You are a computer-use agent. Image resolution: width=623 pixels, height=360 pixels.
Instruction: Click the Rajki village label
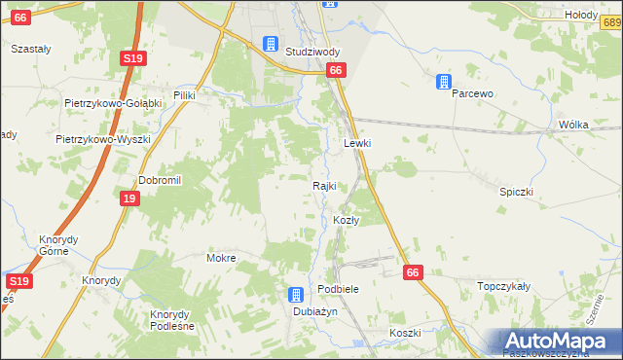point(324,186)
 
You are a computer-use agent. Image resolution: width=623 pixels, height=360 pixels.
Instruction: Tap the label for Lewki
point(358,143)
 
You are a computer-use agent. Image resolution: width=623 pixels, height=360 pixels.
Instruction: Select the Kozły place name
point(347,221)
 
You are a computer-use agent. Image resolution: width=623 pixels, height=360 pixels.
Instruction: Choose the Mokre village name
point(222,259)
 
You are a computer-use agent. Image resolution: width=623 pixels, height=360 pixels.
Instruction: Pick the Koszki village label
point(404,333)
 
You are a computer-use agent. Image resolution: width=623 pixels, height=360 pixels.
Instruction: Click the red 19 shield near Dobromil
point(128,199)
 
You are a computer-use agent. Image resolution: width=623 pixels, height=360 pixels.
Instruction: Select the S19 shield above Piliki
point(134,59)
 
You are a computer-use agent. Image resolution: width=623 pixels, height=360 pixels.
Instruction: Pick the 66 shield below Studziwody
point(336,70)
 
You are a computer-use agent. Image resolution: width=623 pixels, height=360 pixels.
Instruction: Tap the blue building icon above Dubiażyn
point(296,295)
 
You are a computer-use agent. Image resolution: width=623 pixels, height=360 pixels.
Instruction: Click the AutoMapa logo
point(556,342)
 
